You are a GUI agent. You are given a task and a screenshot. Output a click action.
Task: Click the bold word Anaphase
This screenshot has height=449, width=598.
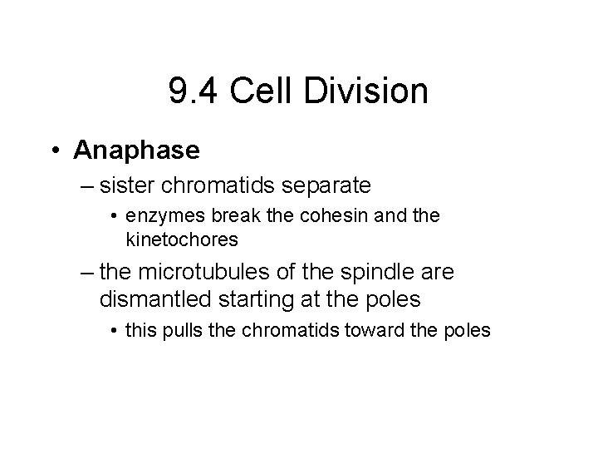[137, 150]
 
